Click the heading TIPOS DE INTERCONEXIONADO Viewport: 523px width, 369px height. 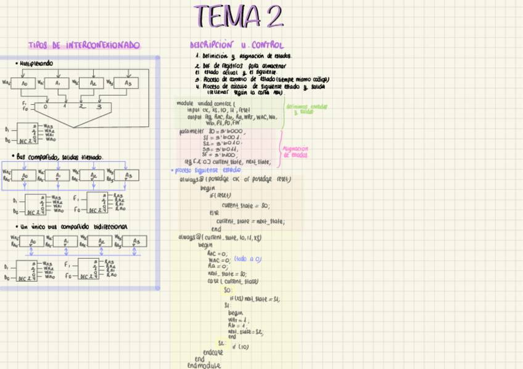point(84,46)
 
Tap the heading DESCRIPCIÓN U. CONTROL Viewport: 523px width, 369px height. point(237,46)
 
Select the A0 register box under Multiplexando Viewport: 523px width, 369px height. point(25,83)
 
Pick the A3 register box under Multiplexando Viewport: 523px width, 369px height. point(128,83)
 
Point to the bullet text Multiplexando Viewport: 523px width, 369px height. point(34,63)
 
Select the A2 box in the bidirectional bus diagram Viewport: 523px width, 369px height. point(99,241)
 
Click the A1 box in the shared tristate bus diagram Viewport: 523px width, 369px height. point(58,176)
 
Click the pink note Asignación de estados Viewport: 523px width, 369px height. point(295,152)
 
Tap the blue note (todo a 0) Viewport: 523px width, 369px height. point(248,259)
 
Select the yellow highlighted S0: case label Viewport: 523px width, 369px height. point(228,290)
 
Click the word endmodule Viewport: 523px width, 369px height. point(204,365)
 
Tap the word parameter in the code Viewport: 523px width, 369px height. point(193,132)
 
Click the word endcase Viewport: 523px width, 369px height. point(212,352)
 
